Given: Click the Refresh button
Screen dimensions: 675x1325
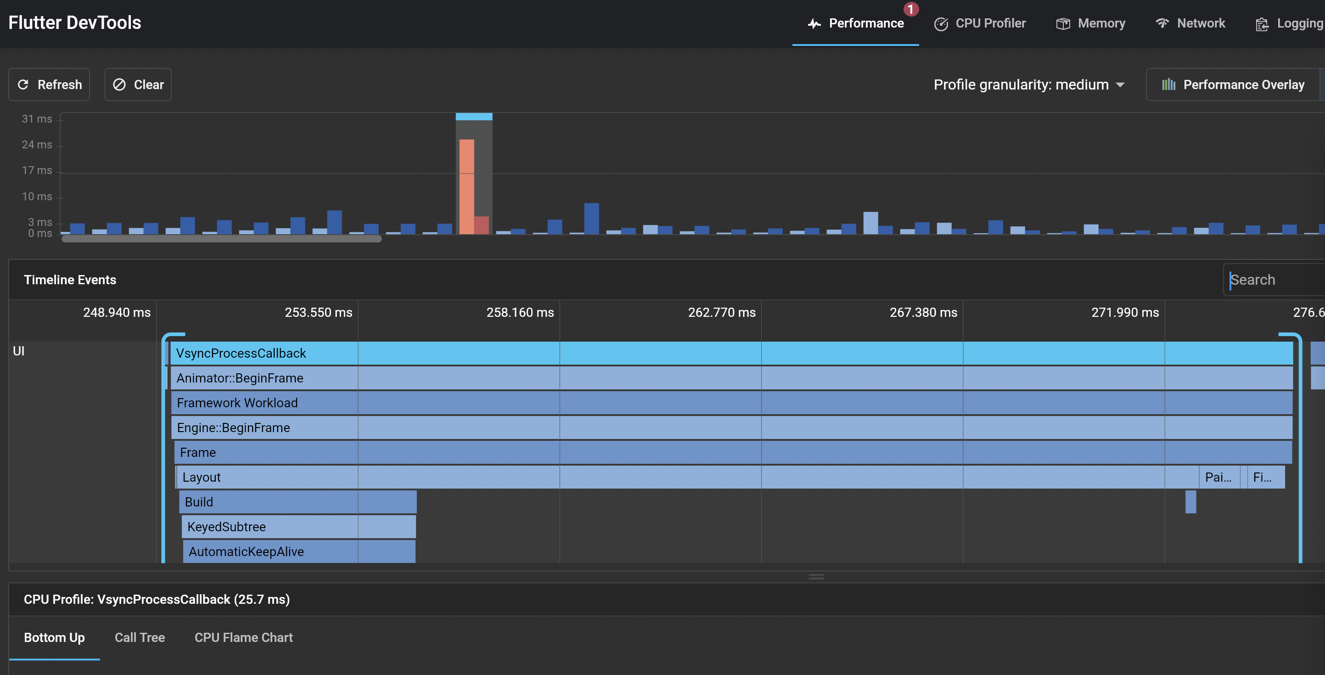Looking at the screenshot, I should [50, 84].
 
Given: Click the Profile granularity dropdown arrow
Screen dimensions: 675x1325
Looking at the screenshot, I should [1120, 85].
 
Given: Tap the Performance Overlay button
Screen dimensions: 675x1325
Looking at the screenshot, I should [1234, 85].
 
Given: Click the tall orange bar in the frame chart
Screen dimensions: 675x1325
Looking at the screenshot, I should [466, 186].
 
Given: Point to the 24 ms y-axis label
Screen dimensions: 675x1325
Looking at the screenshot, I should [37, 145].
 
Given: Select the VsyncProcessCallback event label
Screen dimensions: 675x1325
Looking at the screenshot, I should [241, 354].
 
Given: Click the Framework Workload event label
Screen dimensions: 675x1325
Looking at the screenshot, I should [237, 403].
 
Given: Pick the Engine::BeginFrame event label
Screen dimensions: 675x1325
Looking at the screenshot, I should [233, 427].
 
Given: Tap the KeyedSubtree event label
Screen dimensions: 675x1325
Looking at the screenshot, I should [226, 527].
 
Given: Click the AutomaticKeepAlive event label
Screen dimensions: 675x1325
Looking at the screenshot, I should [246, 551].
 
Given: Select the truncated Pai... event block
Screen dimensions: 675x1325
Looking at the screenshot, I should [1218, 478].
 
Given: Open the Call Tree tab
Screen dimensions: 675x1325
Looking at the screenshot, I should [140, 637].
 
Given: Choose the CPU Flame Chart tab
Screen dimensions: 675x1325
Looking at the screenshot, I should [243, 637].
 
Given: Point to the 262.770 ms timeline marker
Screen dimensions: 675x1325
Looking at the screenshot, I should [722, 312].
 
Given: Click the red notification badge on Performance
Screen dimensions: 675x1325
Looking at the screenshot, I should [910, 9].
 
